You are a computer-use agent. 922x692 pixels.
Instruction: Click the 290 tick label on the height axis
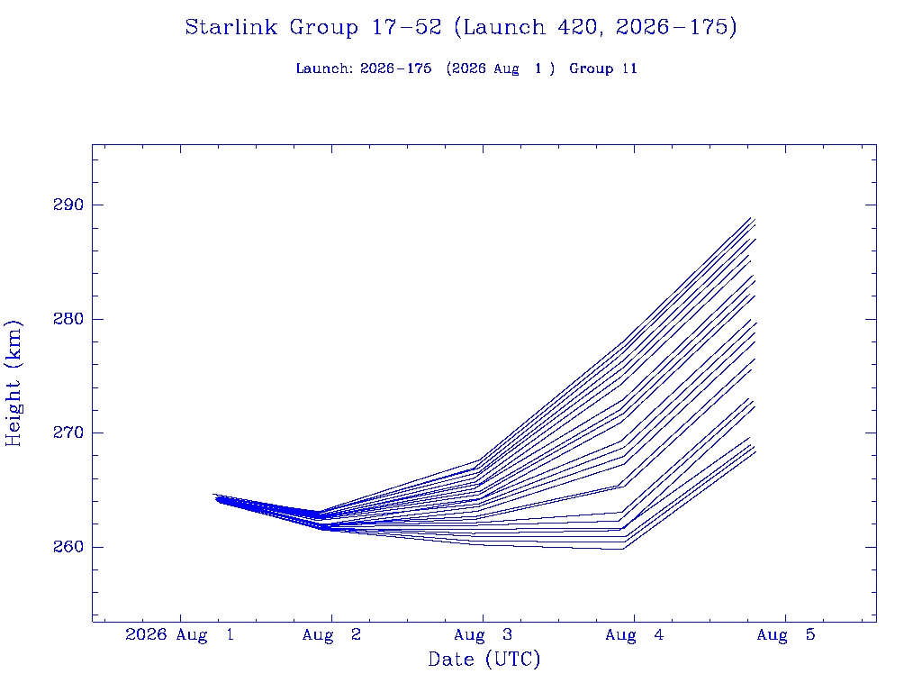point(68,205)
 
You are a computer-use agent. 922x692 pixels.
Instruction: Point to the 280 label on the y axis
point(68,319)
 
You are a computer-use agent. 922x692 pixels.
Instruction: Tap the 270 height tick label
point(68,432)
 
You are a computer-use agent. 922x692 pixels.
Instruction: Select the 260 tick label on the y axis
point(68,547)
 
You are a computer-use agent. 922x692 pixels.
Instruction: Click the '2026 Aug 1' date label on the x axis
point(180,635)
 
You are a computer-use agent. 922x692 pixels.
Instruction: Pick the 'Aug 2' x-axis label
point(331,635)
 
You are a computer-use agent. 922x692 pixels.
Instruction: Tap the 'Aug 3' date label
point(483,635)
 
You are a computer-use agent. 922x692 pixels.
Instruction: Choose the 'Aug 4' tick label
point(635,635)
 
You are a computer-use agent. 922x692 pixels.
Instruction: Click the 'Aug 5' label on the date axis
point(785,635)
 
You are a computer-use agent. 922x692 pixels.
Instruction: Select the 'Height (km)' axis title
point(14,383)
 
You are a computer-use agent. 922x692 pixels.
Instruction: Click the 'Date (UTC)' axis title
point(484,660)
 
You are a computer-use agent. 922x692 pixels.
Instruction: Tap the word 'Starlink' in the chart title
point(231,27)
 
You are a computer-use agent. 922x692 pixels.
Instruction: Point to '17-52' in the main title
point(406,27)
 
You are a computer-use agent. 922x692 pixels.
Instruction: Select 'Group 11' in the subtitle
point(603,68)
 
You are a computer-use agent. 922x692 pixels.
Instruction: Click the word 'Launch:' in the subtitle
point(324,68)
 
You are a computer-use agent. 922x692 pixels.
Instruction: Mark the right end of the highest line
point(751,218)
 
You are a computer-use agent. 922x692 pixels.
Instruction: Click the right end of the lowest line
point(755,451)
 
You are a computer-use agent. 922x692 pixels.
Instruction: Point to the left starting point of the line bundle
point(212,495)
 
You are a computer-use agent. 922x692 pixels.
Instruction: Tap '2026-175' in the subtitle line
point(396,68)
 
